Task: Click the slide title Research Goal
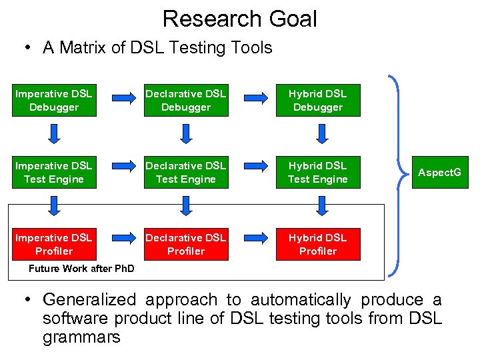tap(239, 19)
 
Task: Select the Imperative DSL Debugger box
tap(54, 100)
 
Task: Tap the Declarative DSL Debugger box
tap(186, 100)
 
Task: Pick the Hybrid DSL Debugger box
tap(318, 100)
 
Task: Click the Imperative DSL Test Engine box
tap(54, 172)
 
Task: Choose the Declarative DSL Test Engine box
tap(186, 172)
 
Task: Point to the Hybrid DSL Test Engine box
tap(318, 172)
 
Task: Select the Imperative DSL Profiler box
tap(54, 244)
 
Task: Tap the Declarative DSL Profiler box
tap(186, 244)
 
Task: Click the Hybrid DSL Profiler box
tap(318, 244)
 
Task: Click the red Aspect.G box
tap(439, 172)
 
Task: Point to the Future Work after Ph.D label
tap(81, 269)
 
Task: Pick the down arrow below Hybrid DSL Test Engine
tap(321, 207)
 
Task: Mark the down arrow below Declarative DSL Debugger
tap(187, 135)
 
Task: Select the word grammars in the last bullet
tap(81, 337)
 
